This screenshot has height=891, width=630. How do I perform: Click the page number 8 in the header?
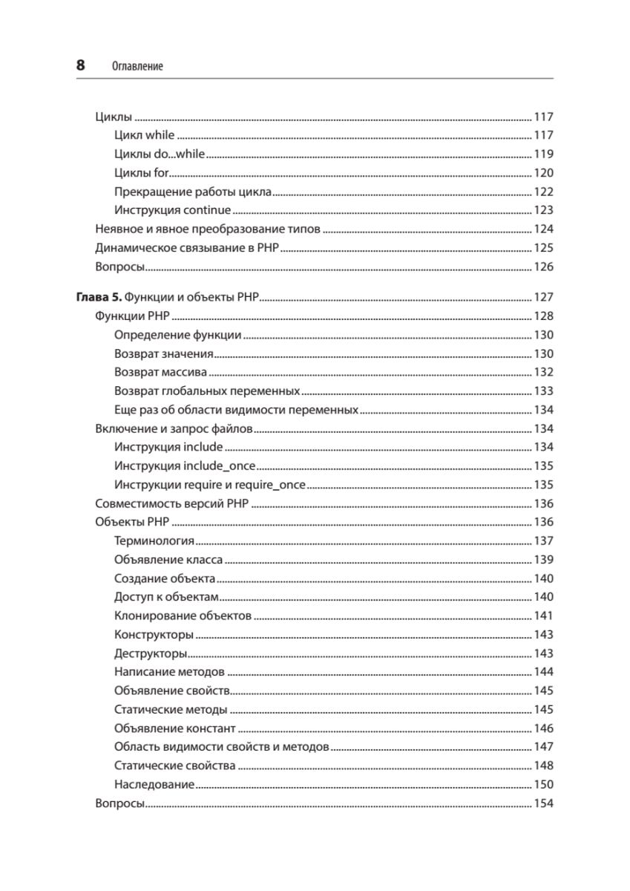(x=80, y=65)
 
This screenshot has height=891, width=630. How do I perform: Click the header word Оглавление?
(x=137, y=67)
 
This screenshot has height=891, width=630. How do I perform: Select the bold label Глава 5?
(x=98, y=297)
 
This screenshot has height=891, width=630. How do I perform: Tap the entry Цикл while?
(x=145, y=135)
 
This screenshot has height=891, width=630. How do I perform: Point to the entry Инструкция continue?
(x=173, y=210)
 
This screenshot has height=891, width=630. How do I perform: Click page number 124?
(x=544, y=229)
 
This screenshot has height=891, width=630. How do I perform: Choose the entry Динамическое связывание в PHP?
(x=187, y=247)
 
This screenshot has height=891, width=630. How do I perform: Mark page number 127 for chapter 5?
(x=544, y=297)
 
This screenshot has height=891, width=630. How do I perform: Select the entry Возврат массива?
(x=161, y=372)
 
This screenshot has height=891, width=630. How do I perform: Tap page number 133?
(x=544, y=391)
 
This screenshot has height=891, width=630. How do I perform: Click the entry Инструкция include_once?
(x=185, y=466)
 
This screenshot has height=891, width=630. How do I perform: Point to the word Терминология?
(x=154, y=541)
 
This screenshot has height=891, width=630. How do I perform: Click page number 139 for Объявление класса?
(x=544, y=559)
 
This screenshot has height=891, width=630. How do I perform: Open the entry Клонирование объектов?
(x=183, y=616)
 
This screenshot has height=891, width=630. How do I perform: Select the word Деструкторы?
(x=151, y=653)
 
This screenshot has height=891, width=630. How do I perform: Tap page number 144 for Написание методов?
(x=544, y=672)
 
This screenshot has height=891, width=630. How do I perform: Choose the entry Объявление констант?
(x=175, y=728)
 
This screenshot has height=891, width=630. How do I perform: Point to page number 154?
(x=544, y=803)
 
